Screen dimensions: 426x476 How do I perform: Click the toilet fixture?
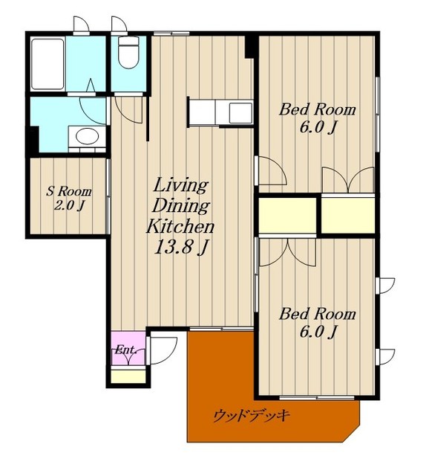pyautogui.click(x=128, y=52)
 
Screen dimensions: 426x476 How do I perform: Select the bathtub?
pyautogui.click(x=47, y=64)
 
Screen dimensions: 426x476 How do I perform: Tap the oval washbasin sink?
pyautogui.click(x=87, y=136)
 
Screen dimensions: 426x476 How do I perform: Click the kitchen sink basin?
pyautogui.click(x=240, y=113)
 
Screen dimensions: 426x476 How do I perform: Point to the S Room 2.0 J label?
pyautogui.click(x=68, y=199)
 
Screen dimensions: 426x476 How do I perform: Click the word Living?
pyautogui.click(x=181, y=185)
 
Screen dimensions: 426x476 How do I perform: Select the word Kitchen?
pyautogui.click(x=180, y=226)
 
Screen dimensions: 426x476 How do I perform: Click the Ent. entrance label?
pyautogui.click(x=126, y=350)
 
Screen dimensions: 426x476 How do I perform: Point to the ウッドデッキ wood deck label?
pyautogui.click(x=252, y=416)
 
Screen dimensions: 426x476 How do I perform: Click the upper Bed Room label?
pyautogui.click(x=317, y=118)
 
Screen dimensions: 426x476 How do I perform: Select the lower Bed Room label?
pyautogui.click(x=317, y=323)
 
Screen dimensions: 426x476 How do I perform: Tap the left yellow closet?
pyautogui.click(x=287, y=215)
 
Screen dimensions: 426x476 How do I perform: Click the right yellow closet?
pyautogui.click(x=348, y=215)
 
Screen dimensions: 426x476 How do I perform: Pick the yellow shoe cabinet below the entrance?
pyautogui.click(x=128, y=376)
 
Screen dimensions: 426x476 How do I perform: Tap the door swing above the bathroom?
pyautogui.click(x=82, y=24)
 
